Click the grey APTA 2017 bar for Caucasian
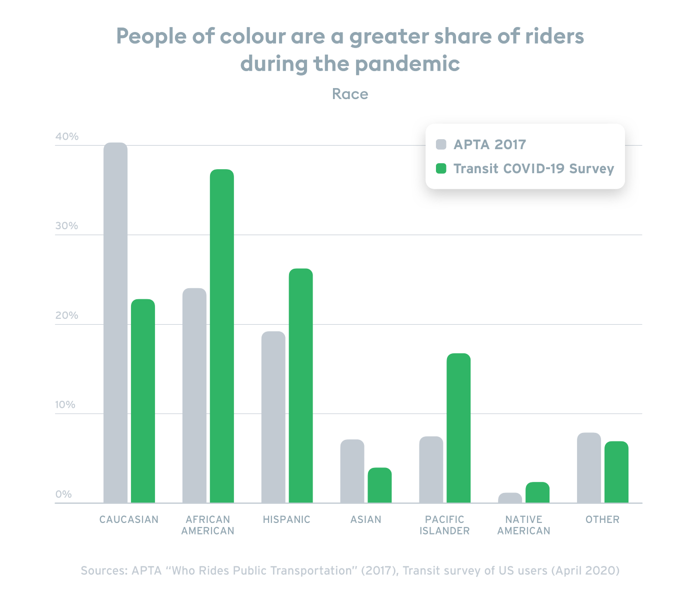tap(115, 323)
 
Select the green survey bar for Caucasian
tap(143, 401)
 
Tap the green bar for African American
tap(221, 336)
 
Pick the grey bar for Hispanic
tap(273, 417)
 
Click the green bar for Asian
tap(379, 485)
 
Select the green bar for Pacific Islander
tap(458, 428)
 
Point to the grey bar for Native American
tap(510, 497)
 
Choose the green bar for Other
tap(616, 472)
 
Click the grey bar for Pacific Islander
tap(431, 469)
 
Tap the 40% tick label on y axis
tap(67, 137)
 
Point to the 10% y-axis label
tap(65, 405)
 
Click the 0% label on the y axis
tap(63, 494)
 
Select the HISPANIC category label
tap(286, 519)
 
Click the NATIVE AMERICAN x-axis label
tap(523, 525)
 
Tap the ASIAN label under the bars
tap(365, 519)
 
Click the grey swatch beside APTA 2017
tap(441, 145)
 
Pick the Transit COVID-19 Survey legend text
tap(533, 169)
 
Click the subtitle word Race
tap(350, 94)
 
